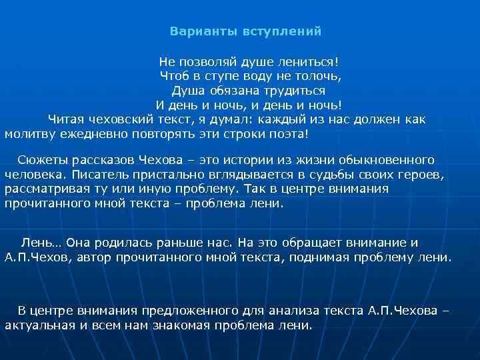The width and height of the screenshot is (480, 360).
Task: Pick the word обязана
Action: pyautogui.click(x=234, y=91)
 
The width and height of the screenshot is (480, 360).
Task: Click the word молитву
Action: pyautogui.click(x=29, y=134)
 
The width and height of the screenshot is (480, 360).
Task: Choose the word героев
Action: pyautogui.click(x=419, y=175)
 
